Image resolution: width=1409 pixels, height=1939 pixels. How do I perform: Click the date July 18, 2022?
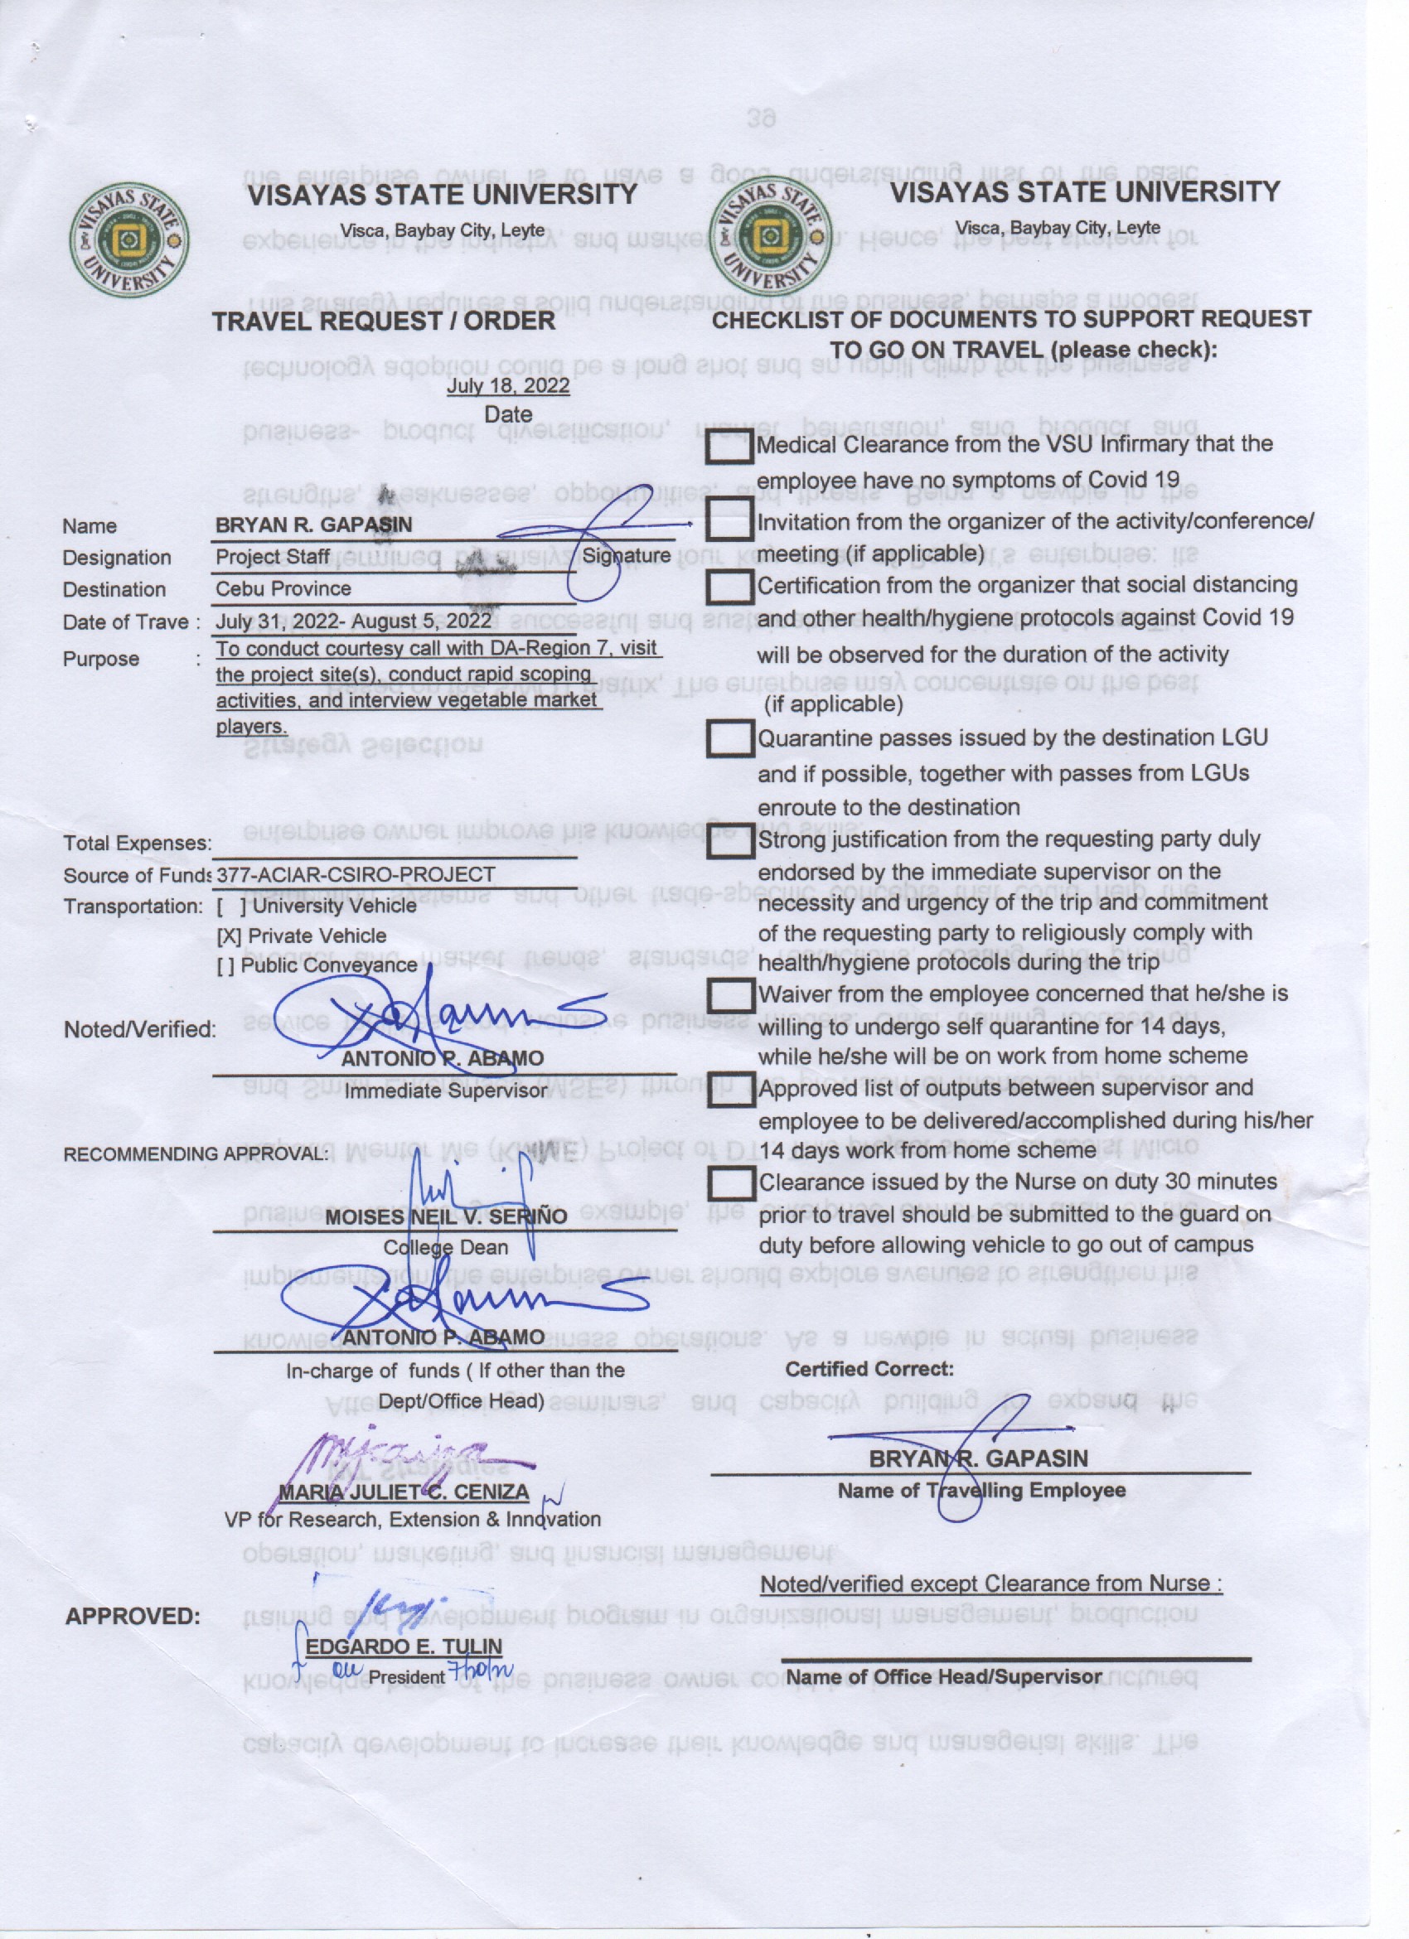pos(508,385)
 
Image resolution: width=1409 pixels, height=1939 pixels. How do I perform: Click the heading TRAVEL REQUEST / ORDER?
pos(383,322)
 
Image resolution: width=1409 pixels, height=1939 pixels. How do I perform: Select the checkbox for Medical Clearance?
pos(729,447)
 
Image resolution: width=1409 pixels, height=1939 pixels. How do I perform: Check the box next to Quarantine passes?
pos(729,738)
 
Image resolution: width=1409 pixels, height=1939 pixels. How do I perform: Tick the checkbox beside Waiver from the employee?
pos(729,995)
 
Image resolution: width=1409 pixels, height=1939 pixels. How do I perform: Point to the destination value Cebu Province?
pos(283,589)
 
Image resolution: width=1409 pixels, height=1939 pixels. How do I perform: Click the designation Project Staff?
pos(272,557)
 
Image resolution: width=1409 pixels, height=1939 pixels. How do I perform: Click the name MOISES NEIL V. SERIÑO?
pos(445,1216)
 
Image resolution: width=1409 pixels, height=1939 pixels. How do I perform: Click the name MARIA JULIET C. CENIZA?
pos(404,1492)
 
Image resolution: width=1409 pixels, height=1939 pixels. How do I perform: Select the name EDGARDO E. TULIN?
pos(404,1646)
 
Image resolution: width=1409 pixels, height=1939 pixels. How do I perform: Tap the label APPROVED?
pos(133,1617)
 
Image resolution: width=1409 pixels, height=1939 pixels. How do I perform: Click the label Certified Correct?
pos(869,1369)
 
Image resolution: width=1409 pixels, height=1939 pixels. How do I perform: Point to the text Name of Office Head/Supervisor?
pos(944,1676)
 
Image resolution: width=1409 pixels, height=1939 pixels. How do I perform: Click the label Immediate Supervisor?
pos(445,1091)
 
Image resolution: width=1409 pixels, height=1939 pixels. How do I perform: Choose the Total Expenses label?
pos(137,843)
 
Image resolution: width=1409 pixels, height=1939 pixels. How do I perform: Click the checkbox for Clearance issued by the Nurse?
pos(729,1184)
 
